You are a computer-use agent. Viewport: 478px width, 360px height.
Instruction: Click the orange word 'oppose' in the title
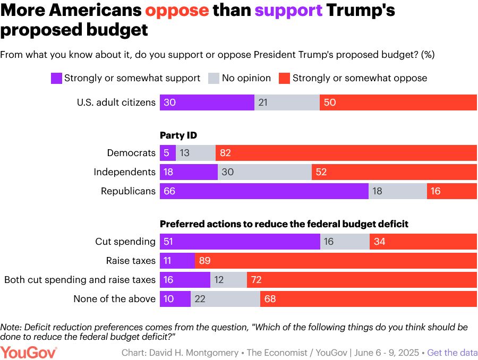click(x=177, y=11)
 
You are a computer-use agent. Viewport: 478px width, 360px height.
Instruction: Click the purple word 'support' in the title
click(x=288, y=11)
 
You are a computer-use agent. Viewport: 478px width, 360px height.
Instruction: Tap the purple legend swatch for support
click(x=56, y=79)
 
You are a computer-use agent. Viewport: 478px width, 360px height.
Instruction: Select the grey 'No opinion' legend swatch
click(x=214, y=79)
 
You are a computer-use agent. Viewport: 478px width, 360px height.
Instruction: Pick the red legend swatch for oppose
click(x=284, y=79)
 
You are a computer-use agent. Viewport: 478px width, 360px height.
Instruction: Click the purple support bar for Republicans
click(x=264, y=191)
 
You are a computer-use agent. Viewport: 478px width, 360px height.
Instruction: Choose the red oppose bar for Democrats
click(x=346, y=153)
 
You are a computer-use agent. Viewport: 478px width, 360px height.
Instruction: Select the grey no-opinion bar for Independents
click(x=264, y=172)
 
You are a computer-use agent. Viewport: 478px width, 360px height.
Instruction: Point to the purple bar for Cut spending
click(x=240, y=242)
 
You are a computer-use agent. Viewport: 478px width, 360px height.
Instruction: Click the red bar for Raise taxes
click(x=336, y=261)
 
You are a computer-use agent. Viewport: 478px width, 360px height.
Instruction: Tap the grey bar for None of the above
click(x=225, y=299)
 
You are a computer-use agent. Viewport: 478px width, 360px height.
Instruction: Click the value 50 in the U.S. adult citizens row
click(x=330, y=102)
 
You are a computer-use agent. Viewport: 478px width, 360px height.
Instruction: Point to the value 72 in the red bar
click(x=257, y=280)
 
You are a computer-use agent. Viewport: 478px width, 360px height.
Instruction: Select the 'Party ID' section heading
click(x=178, y=135)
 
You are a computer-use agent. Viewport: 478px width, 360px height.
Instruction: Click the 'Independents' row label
click(x=124, y=172)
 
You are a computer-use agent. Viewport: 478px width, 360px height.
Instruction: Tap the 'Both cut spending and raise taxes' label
click(x=80, y=280)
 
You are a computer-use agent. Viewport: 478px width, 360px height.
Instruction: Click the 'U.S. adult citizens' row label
click(x=116, y=102)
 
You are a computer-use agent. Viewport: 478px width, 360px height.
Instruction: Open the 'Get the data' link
click(x=452, y=353)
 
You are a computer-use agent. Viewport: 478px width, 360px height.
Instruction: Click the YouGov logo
click(x=29, y=352)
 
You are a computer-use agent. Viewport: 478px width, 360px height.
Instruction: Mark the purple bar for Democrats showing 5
click(x=168, y=153)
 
